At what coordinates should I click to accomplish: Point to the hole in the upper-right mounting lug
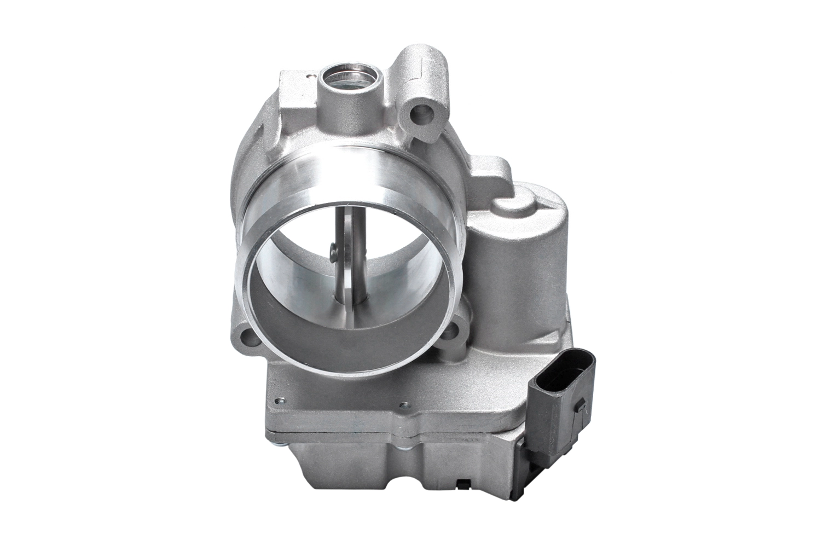[424, 115]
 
